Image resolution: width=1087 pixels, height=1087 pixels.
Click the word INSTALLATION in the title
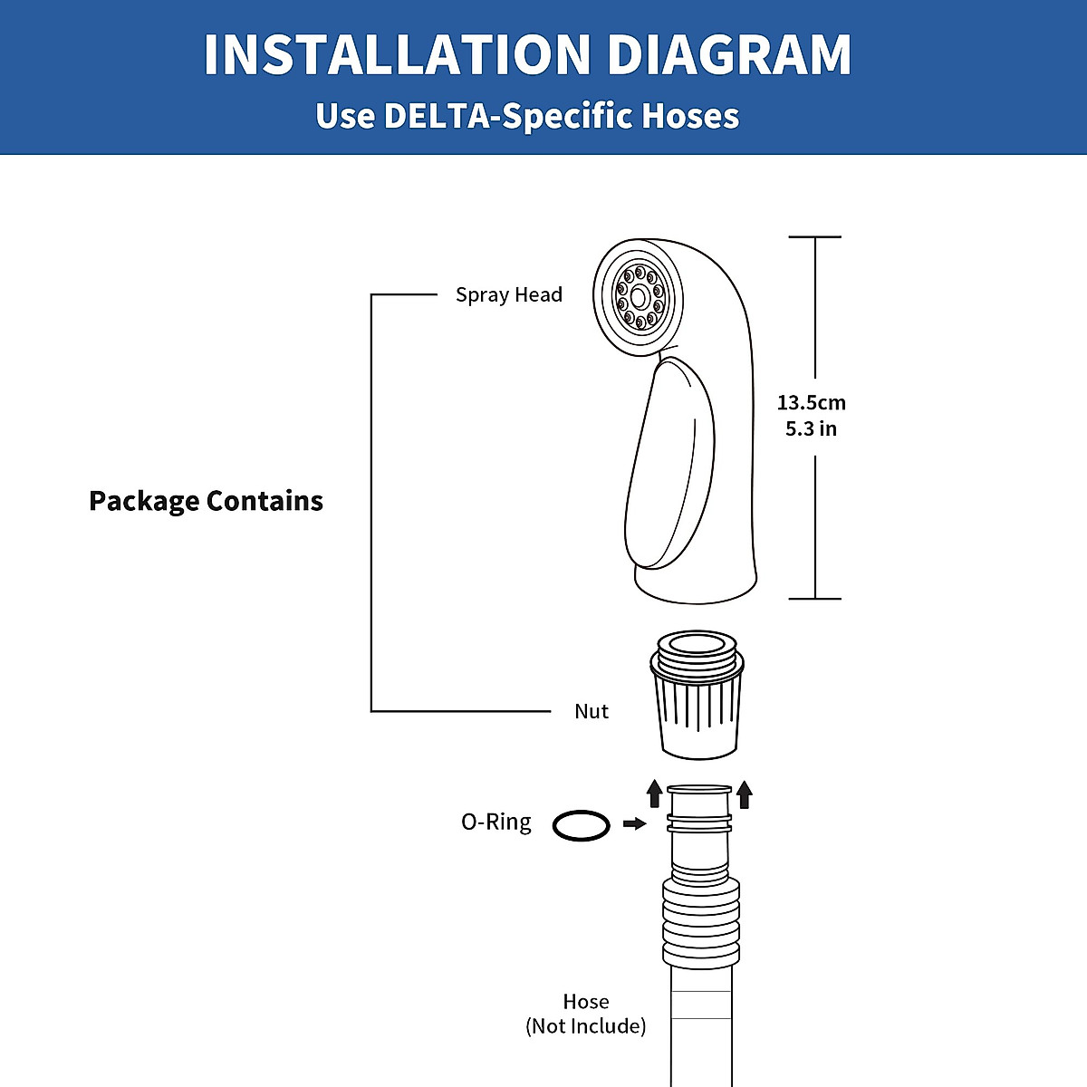pyautogui.click(x=397, y=55)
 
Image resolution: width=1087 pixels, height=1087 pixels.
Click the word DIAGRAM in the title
pyautogui.click(x=729, y=55)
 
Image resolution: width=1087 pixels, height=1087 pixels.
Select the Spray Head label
pyautogui.click(x=508, y=295)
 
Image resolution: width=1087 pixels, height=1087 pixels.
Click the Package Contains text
pyautogui.click(x=206, y=501)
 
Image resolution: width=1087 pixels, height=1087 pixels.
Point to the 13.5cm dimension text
pyautogui.click(x=811, y=402)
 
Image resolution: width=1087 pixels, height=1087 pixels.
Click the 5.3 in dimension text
pyautogui.click(x=811, y=428)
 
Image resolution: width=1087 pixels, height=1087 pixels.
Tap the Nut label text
pyautogui.click(x=592, y=712)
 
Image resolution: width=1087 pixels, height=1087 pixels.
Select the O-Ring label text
pyautogui.click(x=495, y=822)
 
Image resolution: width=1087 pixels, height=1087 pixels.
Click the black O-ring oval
pyautogui.click(x=582, y=825)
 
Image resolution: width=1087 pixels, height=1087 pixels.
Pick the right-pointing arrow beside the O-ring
pyautogui.click(x=635, y=823)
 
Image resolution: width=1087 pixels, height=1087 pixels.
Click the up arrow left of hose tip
pyautogui.click(x=655, y=794)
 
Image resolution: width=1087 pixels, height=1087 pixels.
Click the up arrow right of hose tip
pyautogui.click(x=745, y=794)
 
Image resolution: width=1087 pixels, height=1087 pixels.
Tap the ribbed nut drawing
pyautogui.click(x=697, y=707)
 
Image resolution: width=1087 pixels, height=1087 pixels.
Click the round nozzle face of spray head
pyautogui.click(x=639, y=296)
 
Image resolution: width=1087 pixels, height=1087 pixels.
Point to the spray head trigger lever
pyautogui.click(x=670, y=462)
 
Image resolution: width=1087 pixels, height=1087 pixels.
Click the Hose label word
pyautogui.click(x=586, y=1002)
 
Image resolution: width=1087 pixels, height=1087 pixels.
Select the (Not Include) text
pyautogui.click(x=586, y=1026)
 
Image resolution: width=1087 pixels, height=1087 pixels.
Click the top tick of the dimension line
pyautogui.click(x=815, y=237)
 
